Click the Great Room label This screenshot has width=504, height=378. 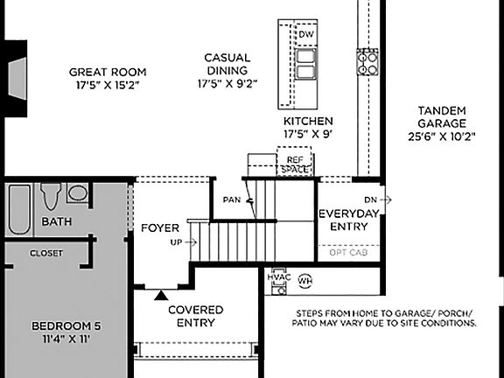click(108, 72)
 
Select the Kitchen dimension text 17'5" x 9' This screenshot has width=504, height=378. click(308, 134)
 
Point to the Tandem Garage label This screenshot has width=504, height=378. click(441, 110)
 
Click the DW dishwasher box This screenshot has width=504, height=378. click(305, 34)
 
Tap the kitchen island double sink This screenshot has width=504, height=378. click(305, 63)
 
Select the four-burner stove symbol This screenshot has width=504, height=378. click(366, 60)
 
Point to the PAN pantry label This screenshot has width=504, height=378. click(231, 199)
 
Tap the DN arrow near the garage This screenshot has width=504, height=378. click(377, 199)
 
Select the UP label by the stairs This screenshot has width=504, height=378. click(177, 242)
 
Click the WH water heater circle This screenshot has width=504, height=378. click(304, 281)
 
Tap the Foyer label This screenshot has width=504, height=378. click(159, 228)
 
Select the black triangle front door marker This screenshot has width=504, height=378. click(159, 296)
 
